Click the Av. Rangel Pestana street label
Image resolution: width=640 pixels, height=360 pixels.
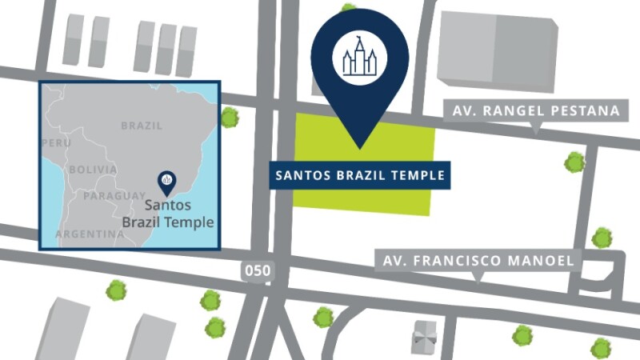[536, 111]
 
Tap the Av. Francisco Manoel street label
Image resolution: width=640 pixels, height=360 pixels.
[478, 261]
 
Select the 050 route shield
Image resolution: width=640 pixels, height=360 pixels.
[258, 271]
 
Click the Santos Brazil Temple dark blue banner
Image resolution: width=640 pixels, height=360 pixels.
[359, 175]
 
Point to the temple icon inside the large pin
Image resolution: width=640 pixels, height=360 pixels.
[359, 57]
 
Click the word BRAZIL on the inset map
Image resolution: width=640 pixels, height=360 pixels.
[142, 126]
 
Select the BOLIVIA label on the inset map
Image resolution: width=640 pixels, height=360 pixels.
[93, 170]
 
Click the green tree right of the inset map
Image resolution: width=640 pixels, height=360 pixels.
[230, 118]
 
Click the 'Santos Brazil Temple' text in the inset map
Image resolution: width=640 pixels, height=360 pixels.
[168, 214]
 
